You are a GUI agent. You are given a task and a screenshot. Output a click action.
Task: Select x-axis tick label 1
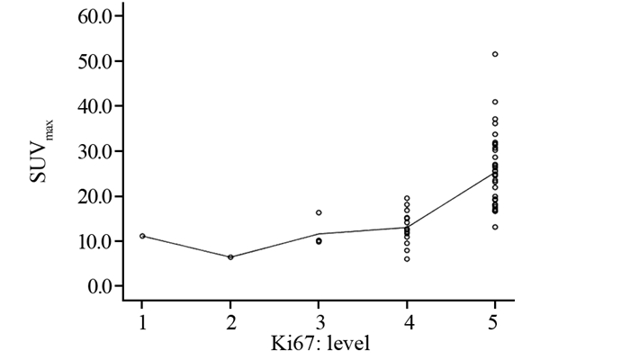click(142, 320)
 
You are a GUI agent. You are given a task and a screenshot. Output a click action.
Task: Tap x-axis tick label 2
click(230, 320)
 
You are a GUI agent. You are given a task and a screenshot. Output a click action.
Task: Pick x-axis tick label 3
click(319, 320)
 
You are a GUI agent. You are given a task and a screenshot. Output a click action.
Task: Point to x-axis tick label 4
click(407, 320)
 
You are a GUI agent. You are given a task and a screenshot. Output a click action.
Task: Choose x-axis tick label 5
click(495, 320)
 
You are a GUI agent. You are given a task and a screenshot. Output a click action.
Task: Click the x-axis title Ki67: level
click(319, 343)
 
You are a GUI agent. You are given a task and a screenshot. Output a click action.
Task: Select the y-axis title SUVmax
click(40, 153)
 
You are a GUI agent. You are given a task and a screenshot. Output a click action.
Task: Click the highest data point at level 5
click(495, 54)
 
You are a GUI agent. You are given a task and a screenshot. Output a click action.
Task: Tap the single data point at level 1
click(142, 236)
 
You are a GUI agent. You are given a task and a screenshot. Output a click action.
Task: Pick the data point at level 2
click(230, 256)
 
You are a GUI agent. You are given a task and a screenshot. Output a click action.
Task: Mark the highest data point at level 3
click(319, 212)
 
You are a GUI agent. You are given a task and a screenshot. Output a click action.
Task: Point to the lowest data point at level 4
click(407, 259)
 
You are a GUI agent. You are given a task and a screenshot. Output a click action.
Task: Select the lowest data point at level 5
click(495, 227)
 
